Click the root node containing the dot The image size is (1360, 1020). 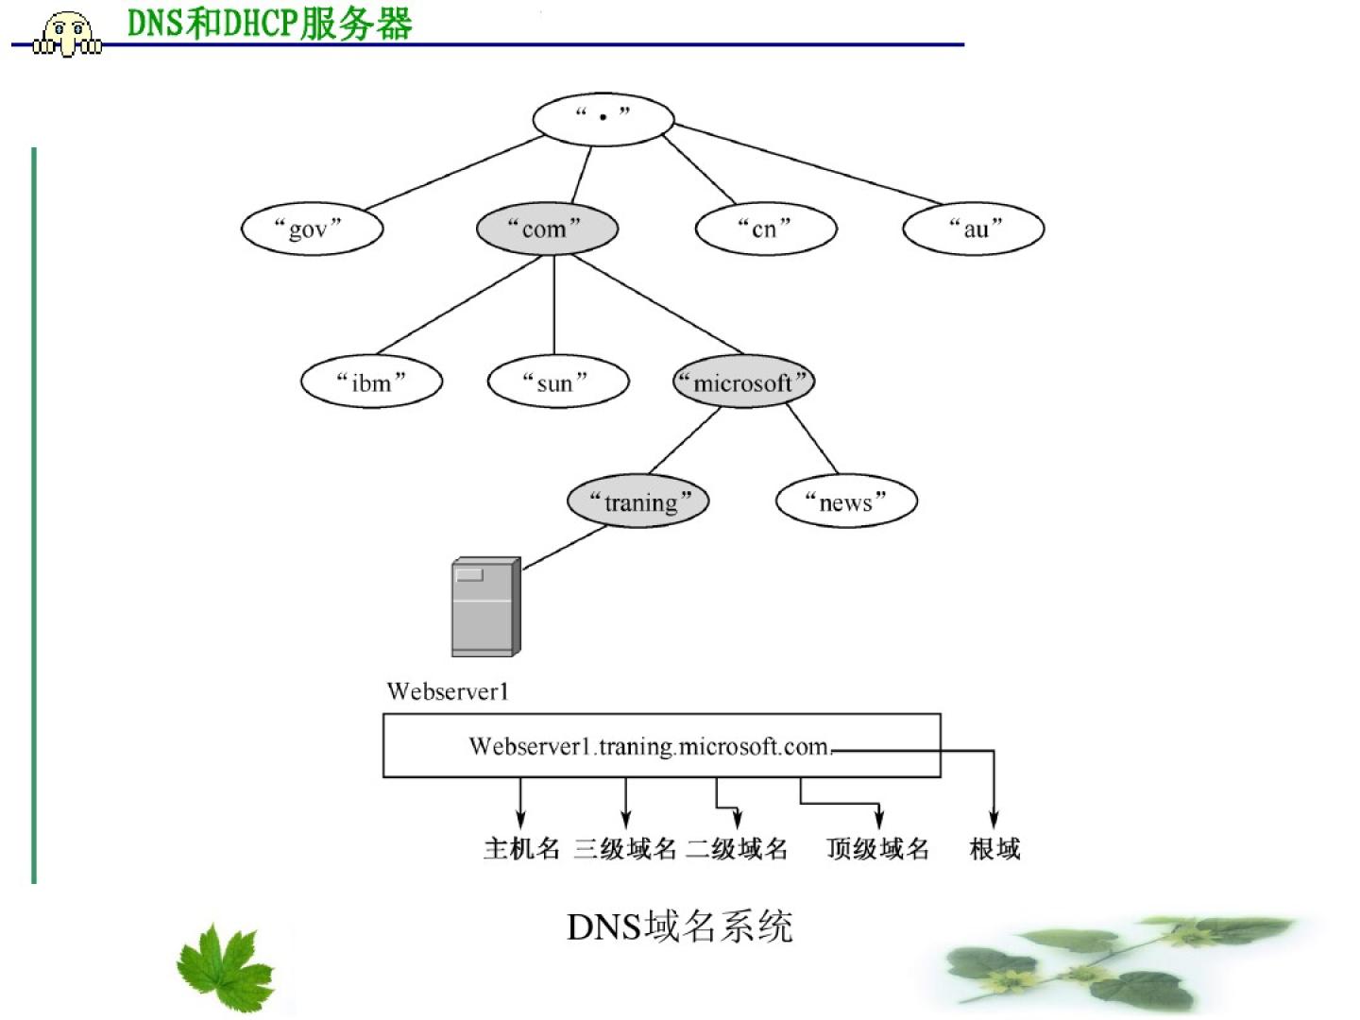click(x=603, y=119)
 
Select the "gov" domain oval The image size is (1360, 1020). click(x=312, y=229)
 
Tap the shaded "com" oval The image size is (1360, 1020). click(x=547, y=229)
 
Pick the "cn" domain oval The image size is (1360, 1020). click(x=765, y=229)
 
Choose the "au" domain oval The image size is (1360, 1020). click(x=973, y=229)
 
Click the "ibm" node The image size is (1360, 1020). click(x=371, y=382)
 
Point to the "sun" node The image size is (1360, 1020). click(x=557, y=382)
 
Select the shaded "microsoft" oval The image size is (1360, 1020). click(x=743, y=382)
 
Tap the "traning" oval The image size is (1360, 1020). click(x=637, y=501)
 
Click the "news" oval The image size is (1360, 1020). click(x=846, y=501)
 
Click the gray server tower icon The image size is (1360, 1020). click(x=485, y=606)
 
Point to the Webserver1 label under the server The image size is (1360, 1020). click(x=448, y=691)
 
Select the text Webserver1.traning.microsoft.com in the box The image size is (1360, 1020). click(x=649, y=746)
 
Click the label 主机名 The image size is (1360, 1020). click(x=521, y=848)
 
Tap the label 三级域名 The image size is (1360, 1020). click(x=625, y=848)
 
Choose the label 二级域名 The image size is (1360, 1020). click(x=737, y=848)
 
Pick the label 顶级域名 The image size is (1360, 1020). click(x=878, y=848)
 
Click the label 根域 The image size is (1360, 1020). click(x=994, y=848)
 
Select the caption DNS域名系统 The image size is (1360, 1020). click(x=679, y=926)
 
